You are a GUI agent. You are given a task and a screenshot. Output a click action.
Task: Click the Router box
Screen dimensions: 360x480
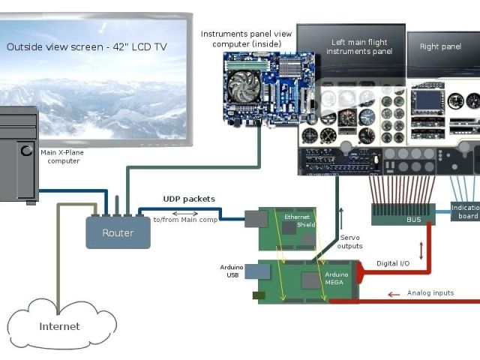[118, 232]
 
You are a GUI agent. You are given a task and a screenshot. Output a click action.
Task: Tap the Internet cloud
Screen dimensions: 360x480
[60, 325]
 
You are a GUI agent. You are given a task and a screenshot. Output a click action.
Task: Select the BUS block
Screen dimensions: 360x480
[414, 220]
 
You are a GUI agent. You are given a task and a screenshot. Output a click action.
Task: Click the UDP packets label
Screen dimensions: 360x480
[189, 199]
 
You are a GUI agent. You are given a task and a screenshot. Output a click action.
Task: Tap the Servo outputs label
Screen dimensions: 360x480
[350, 241]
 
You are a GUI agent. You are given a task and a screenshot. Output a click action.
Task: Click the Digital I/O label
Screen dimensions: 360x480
[392, 263]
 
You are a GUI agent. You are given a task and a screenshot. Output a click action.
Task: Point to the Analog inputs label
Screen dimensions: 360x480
[430, 292]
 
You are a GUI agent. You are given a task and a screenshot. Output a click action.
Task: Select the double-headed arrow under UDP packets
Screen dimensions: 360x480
[185, 212]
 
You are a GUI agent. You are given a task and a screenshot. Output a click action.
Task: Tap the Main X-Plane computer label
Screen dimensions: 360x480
[63, 156]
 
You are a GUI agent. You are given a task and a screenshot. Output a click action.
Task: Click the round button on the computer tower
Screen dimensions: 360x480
[26, 151]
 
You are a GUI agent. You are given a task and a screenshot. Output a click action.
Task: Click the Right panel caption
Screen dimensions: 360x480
[440, 46]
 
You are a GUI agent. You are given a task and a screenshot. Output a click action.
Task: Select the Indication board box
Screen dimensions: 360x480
[465, 211]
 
